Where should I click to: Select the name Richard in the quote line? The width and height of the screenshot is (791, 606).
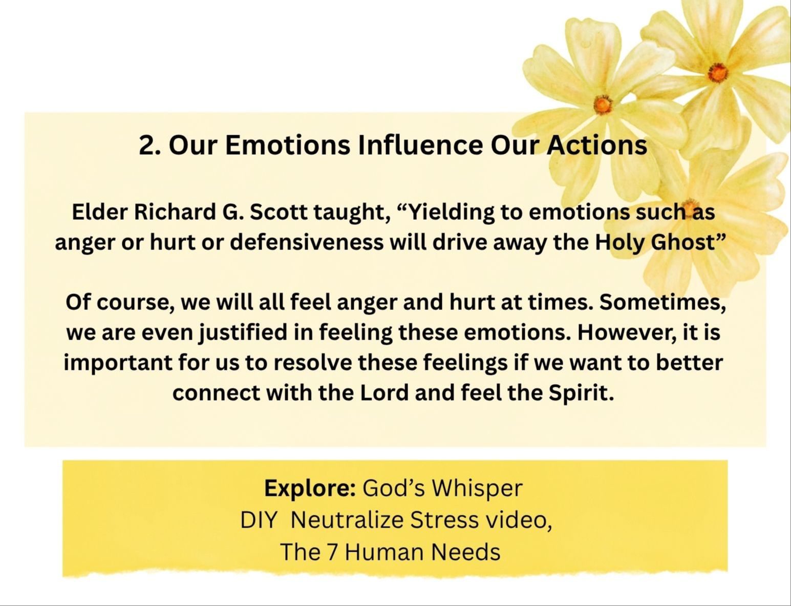[x=175, y=212]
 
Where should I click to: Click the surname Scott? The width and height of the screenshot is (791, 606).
[x=278, y=212]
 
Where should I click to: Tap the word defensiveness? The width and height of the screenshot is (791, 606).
[x=307, y=242]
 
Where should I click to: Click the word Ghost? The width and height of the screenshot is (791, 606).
[x=683, y=242]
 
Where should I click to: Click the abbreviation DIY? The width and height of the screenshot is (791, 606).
[x=259, y=520]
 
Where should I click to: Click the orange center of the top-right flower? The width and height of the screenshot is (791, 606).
[x=718, y=72]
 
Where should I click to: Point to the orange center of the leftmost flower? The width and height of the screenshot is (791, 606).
[x=603, y=105]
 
